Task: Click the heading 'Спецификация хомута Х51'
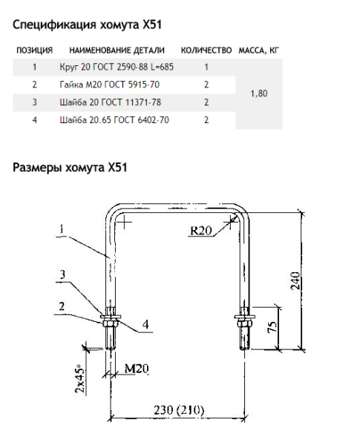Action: coord(87,25)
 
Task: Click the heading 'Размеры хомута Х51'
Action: coord(71,167)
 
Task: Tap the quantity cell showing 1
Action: coord(206,67)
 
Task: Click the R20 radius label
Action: coord(201,231)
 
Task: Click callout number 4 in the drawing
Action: coord(145,325)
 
